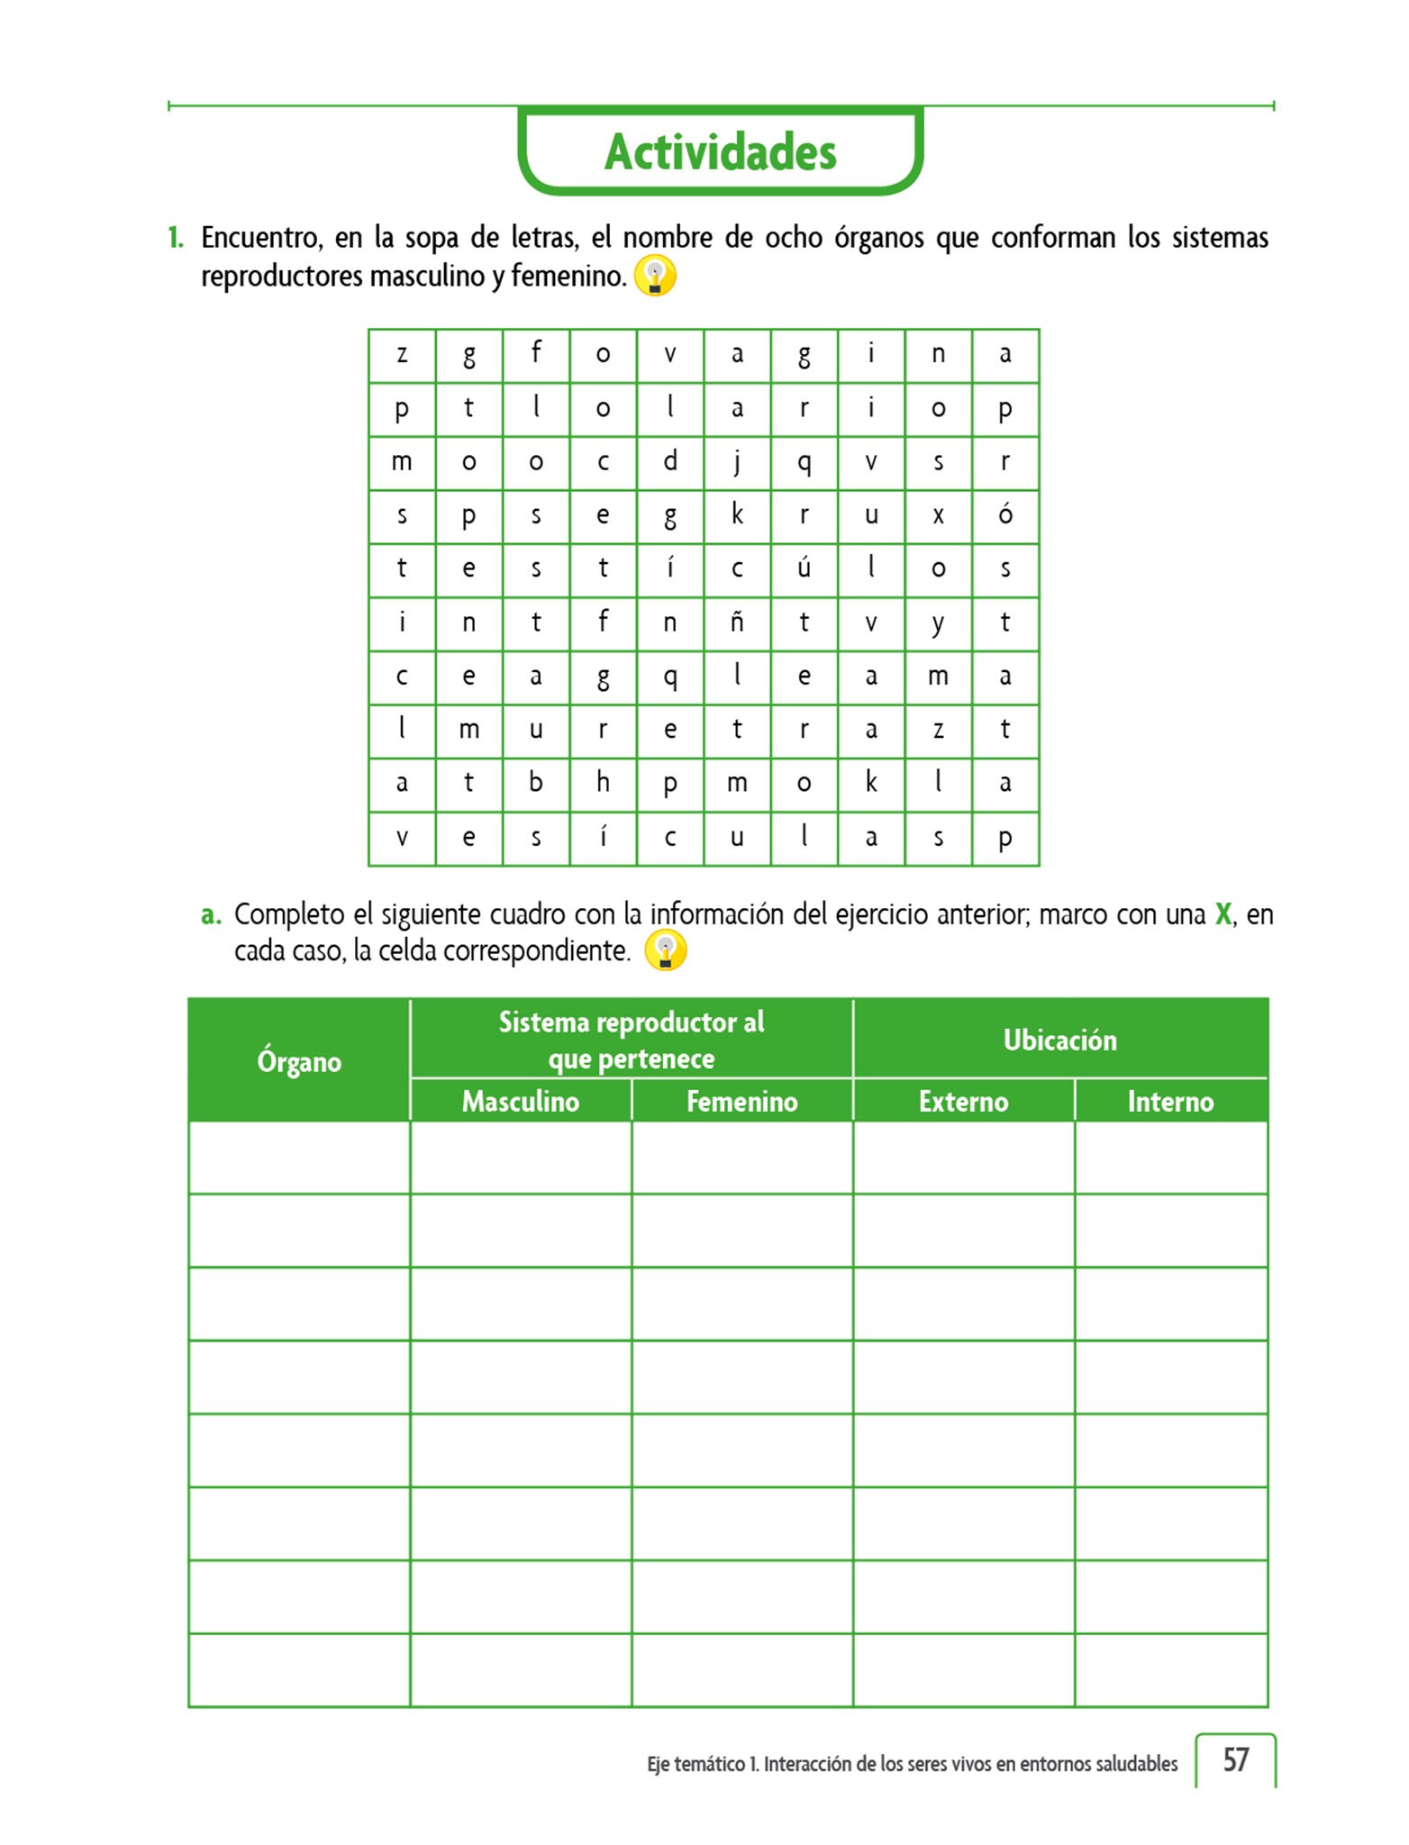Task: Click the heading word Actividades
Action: (720, 151)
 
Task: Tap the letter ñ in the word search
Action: (737, 622)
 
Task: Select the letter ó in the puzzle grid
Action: (1005, 514)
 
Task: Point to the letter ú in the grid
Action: (804, 568)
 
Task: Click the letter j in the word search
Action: (737, 462)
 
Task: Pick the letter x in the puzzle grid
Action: (938, 515)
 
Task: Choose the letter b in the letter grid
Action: (536, 782)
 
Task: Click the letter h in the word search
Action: (603, 782)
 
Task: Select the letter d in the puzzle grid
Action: (670, 461)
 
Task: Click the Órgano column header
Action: (299, 1061)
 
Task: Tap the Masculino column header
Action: (521, 1101)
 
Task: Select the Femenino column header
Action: (741, 1101)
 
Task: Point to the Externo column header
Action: (963, 1101)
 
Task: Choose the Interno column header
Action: (1170, 1101)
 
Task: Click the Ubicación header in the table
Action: (1059, 1040)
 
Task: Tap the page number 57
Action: (1235, 1759)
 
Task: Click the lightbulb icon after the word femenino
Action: (655, 276)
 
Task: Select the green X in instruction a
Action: (1223, 914)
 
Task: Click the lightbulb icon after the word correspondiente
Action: (666, 950)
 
